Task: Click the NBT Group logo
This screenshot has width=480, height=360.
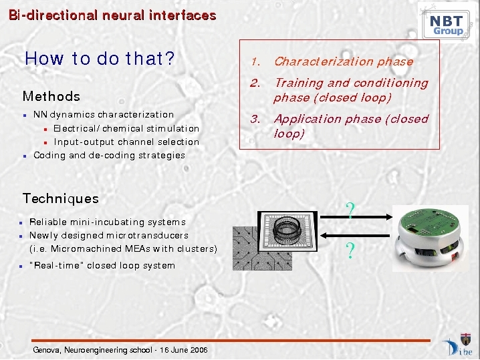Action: (447, 23)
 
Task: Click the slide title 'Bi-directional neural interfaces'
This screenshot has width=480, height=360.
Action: (112, 15)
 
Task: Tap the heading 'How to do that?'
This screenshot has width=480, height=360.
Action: (100, 58)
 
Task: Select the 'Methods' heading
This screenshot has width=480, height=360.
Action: (51, 96)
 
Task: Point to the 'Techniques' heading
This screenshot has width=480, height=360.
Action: (61, 198)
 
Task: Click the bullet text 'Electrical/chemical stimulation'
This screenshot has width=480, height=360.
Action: (126, 128)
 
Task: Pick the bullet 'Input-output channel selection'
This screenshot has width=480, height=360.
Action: (126, 142)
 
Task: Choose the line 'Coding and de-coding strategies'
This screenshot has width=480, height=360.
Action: (109, 156)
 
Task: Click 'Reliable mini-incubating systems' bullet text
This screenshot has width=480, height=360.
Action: (108, 222)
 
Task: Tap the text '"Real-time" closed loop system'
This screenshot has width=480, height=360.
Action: (102, 265)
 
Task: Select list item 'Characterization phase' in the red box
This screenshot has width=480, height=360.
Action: (344, 62)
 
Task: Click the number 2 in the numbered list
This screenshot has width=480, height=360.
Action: (255, 83)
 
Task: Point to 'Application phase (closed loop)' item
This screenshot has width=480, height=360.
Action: (351, 126)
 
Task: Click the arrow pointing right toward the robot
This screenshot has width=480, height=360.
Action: (356, 217)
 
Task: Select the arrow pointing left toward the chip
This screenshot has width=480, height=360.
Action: (355, 236)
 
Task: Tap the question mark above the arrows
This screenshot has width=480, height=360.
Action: (350, 210)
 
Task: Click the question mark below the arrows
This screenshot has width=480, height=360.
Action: (350, 250)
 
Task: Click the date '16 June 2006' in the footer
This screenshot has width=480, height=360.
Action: (184, 349)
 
